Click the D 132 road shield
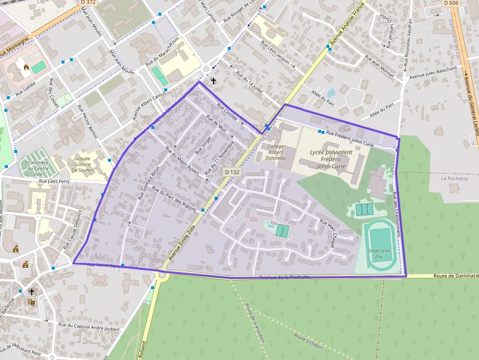click(233, 172)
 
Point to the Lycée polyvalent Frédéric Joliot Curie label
click(330, 159)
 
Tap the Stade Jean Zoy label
click(379, 254)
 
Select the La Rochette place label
click(454, 179)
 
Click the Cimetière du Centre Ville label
click(38, 169)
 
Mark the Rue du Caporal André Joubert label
click(88, 326)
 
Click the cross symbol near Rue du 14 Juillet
click(213, 81)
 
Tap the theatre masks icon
click(31, 302)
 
